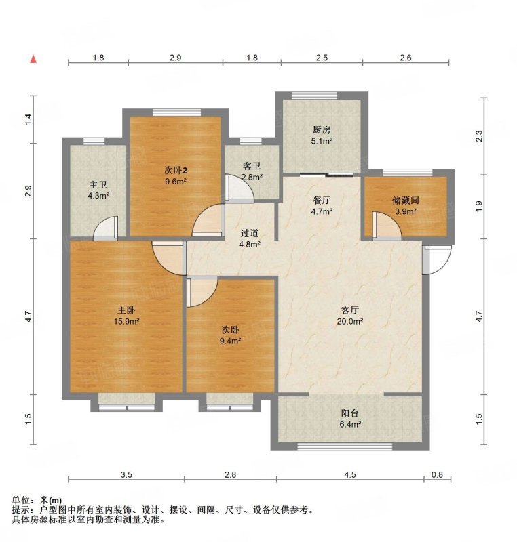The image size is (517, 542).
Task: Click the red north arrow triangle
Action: pos(33,59)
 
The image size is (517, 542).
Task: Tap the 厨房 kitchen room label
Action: pos(322,130)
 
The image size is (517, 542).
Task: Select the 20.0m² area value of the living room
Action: pos(350,321)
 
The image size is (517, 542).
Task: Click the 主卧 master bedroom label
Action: pos(126,310)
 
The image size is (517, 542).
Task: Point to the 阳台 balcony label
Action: pos(350,413)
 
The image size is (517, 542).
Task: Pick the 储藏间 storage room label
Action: pos(406,200)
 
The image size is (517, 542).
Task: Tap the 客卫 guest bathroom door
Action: pos(240,188)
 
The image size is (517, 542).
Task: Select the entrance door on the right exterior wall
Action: pos(437,259)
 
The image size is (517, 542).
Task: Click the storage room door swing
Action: pos(387,226)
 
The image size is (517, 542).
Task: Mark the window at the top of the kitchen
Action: pos(314,96)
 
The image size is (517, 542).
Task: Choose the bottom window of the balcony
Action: pos(345,446)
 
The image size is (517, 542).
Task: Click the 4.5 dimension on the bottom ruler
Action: pos(350,474)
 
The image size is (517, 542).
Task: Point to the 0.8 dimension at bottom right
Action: pos(437,474)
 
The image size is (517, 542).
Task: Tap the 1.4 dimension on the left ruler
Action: pos(28,119)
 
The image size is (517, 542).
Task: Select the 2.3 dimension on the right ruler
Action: pos(478,136)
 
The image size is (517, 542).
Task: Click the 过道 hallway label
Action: pos(249,233)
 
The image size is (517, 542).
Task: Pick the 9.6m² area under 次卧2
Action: pos(176,181)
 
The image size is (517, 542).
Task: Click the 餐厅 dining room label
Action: pos(322,200)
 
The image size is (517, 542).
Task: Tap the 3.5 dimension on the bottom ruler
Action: pos(126,474)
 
